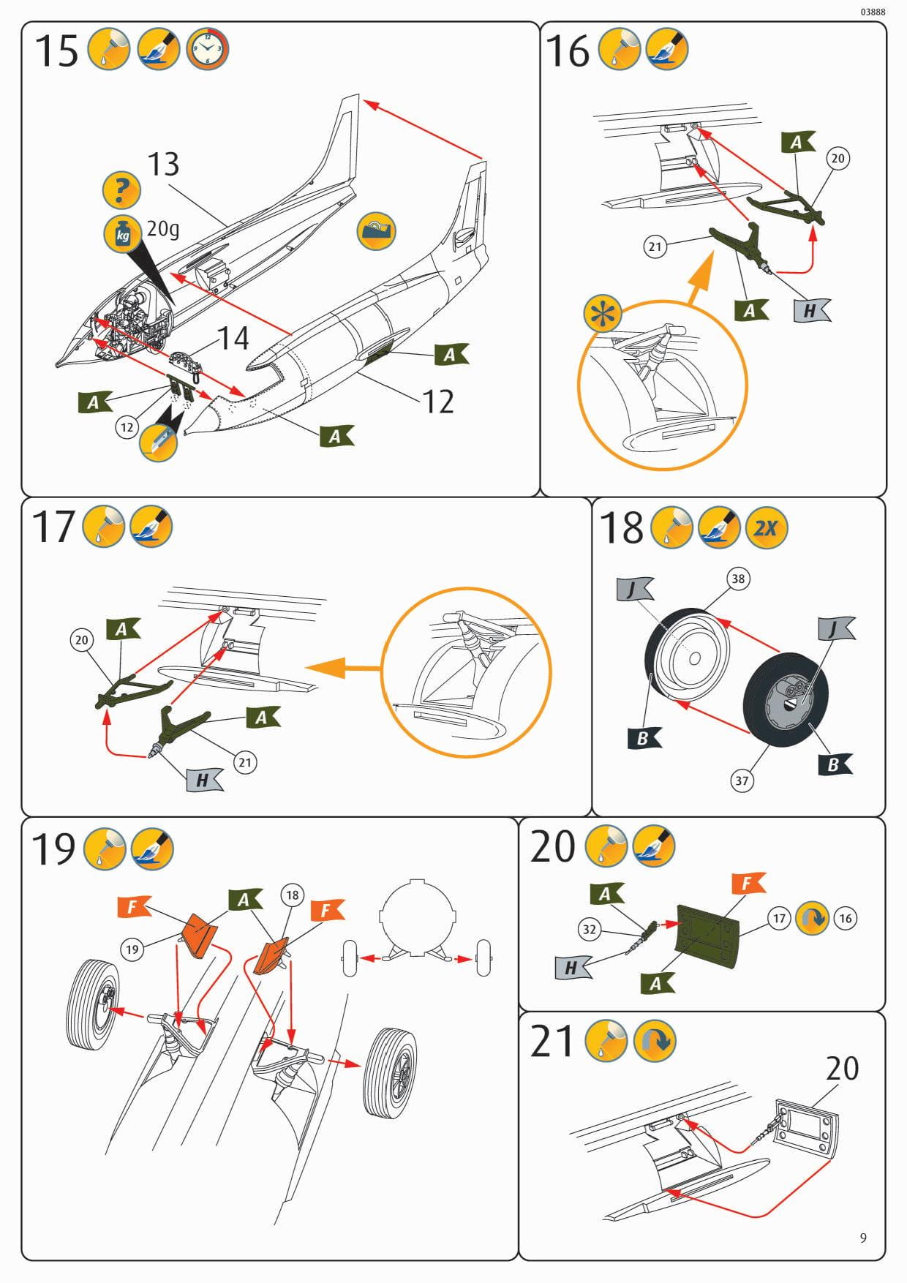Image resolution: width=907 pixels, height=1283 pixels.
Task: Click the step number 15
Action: coord(56,51)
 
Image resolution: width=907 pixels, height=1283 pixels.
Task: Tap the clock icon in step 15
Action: coord(208,49)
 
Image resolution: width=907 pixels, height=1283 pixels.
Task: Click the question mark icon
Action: coord(122,189)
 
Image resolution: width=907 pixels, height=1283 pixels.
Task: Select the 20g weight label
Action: coord(163,229)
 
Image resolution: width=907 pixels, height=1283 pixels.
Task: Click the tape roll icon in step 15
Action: coord(377,230)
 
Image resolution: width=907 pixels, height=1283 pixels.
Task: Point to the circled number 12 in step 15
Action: coord(127,427)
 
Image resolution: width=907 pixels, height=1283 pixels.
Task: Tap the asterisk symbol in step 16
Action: coord(603,315)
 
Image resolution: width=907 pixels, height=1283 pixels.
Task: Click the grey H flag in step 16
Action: coord(812,310)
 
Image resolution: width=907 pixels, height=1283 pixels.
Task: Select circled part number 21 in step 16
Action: coord(655,247)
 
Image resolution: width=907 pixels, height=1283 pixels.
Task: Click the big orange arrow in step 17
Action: coord(342,668)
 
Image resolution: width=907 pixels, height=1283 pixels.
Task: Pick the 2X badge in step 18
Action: coord(767,527)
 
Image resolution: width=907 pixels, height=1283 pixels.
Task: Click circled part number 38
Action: coord(738,579)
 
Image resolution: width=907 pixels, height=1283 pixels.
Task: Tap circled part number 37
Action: coord(742,780)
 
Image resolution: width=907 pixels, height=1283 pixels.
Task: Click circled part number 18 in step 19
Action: coord(293,895)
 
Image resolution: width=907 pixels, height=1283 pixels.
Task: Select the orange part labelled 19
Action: coord(199,934)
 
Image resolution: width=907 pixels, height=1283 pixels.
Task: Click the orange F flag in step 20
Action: coord(747,884)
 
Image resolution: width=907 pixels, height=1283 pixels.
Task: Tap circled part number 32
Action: coord(589,930)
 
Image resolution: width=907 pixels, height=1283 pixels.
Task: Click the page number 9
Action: coord(863,1238)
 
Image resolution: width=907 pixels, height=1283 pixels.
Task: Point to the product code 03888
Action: coord(873,12)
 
